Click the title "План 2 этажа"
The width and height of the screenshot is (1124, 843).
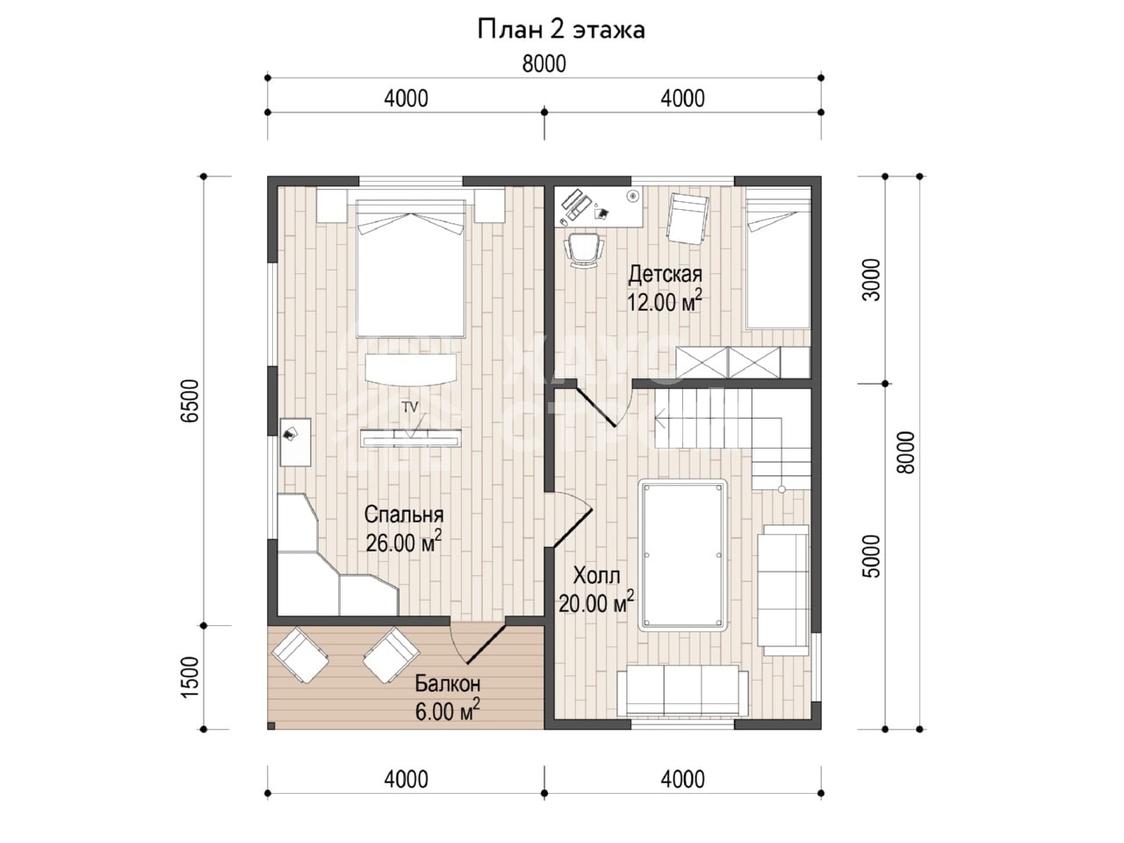(x=561, y=29)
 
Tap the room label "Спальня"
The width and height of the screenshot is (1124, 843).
(x=404, y=515)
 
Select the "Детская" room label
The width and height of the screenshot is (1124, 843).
(x=666, y=274)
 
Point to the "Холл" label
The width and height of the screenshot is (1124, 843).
(x=596, y=576)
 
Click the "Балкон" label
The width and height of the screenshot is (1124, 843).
(x=447, y=683)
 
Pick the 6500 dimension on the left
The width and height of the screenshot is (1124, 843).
(x=190, y=400)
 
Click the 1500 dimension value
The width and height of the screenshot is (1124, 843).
(x=190, y=677)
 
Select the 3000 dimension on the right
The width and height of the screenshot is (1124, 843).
(x=871, y=280)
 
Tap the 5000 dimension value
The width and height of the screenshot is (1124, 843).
(x=871, y=557)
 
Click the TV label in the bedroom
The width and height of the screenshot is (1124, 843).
(x=410, y=407)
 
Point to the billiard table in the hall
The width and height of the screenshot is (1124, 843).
(x=683, y=555)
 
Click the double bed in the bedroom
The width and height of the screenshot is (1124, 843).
(x=411, y=269)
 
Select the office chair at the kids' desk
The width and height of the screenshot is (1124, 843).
(x=584, y=250)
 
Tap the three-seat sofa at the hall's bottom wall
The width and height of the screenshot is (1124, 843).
(x=682, y=690)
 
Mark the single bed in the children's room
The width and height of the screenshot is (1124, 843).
(x=778, y=258)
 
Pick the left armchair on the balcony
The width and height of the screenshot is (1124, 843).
(x=300, y=656)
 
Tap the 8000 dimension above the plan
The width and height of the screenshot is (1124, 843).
(x=544, y=64)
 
